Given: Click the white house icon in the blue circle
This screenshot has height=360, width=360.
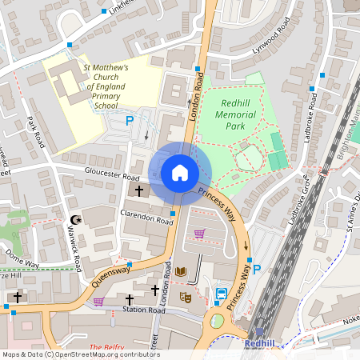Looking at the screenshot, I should pos(180,173).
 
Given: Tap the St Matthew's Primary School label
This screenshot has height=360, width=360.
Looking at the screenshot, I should pos(107,86).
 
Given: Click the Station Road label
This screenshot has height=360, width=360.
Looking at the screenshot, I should pos(143,310).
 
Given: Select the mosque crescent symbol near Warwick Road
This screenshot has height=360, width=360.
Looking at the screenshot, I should pos(77,219).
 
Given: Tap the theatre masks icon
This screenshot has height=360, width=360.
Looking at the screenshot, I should pos(186,297).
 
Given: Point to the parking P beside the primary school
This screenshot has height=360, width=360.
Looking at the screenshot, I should pos(130,122).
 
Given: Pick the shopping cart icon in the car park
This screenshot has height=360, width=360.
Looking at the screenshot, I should pos(198,233).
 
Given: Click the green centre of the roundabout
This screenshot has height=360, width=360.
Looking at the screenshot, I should pos(217,322).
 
